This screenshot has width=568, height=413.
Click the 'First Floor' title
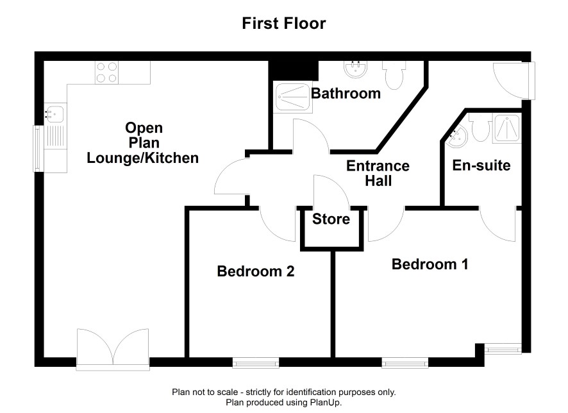(284, 23)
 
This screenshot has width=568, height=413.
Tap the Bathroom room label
(346, 94)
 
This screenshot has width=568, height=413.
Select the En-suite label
(481, 165)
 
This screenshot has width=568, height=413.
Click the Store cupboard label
(331, 219)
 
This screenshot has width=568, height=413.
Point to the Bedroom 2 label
(256, 271)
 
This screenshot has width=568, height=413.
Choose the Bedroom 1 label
(430, 264)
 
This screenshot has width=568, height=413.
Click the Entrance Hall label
(378, 173)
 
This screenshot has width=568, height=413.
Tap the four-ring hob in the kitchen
(107, 72)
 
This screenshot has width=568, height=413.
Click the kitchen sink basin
(54, 114)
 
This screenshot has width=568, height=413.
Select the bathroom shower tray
(293, 97)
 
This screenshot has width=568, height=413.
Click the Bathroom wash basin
(355, 69)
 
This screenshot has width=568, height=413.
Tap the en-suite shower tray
(507, 128)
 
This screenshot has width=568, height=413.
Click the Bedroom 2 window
(256, 362)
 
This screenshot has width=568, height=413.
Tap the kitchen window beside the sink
(38, 149)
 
